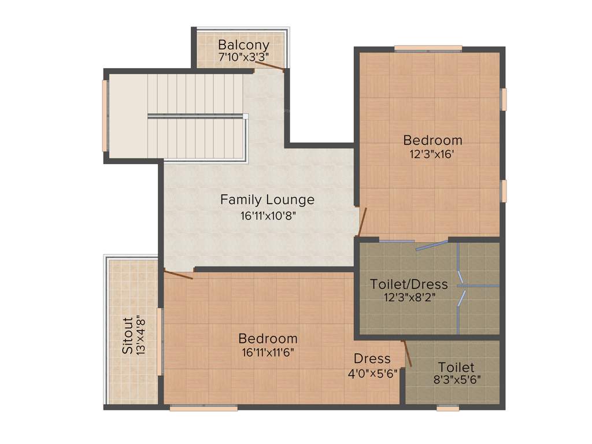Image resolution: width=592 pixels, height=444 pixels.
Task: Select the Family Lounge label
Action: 267,200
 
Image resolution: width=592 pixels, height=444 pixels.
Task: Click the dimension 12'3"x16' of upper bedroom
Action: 432,154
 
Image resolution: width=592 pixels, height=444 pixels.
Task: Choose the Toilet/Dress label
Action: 409,284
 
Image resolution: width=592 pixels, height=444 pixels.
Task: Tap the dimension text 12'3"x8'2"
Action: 409,298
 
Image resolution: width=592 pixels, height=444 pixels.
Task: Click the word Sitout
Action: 128,335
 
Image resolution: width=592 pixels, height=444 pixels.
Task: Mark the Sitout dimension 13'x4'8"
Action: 140,335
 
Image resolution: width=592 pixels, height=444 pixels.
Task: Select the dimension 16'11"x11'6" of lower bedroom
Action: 268,353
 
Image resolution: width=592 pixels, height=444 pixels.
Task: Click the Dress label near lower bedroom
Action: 372,359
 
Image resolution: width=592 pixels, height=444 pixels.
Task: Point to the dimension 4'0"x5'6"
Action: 372,373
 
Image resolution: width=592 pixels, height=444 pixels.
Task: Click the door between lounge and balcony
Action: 269,66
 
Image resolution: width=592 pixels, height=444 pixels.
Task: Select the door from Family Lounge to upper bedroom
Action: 362,222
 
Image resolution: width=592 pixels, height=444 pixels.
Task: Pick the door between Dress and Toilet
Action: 407,353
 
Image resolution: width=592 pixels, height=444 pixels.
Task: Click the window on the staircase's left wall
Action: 105,115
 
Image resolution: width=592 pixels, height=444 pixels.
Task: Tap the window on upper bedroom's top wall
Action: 428,48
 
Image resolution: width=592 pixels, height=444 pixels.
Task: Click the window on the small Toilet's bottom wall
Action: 447,408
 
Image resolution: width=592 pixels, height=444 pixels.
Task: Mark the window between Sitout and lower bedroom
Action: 160,342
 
